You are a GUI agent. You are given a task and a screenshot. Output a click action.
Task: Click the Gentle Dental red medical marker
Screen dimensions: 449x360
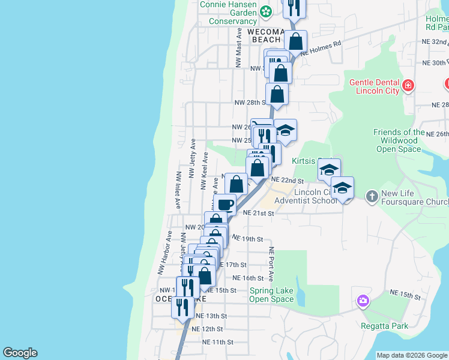[x=408, y=85]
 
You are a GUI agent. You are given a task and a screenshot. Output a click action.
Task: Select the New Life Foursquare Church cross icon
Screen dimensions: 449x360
[x=372, y=196]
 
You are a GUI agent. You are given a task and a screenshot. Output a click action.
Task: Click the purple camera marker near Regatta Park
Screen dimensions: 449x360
[x=362, y=301]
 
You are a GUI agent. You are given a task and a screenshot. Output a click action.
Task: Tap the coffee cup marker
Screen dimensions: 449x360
[x=225, y=205]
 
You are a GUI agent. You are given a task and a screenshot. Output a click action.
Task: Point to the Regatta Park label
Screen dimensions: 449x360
[x=384, y=326]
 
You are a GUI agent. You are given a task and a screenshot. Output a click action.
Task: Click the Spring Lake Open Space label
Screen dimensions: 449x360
[x=271, y=295]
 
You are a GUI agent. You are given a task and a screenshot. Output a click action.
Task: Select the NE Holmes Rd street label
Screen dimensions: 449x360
[x=321, y=48]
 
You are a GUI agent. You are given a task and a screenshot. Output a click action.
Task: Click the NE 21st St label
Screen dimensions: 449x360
[x=259, y=213]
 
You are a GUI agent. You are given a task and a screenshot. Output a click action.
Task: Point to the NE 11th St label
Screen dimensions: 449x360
[x=217, y=342]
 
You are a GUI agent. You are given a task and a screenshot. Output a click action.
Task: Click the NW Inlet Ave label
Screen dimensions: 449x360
[x=178, y=191]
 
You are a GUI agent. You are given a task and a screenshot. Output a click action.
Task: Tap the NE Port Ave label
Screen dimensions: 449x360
[x=271, y=264]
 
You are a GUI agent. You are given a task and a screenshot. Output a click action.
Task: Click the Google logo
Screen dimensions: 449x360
[x=20, y=353]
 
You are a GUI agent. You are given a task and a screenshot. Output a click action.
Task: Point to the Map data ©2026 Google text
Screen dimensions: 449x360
[x=411, y=355]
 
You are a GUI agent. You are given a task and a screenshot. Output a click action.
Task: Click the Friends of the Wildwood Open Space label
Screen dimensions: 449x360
[x=399, y=140]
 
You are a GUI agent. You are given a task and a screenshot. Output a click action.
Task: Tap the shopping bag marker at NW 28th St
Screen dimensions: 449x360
[x=277, y=94]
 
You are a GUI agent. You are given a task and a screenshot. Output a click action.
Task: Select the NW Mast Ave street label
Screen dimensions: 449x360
[x=239, y=47]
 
